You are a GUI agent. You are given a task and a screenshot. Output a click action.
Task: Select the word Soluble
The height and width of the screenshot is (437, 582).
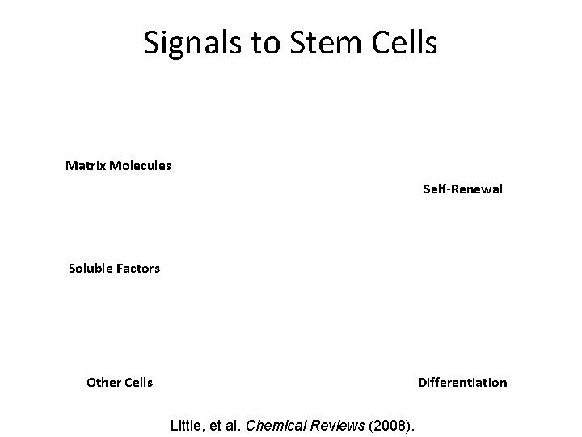coord(91,268)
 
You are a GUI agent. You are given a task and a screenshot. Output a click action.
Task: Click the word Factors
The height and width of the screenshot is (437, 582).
coord(138,268)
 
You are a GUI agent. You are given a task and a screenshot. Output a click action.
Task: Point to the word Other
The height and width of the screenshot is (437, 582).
coord(103,382)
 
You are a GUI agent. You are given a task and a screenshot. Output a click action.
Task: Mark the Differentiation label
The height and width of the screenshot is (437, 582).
coord(462,382)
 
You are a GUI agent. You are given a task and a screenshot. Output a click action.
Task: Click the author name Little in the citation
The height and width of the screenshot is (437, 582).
coord(185,423)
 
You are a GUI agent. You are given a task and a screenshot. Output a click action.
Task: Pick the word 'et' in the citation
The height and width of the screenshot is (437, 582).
coord(215,423)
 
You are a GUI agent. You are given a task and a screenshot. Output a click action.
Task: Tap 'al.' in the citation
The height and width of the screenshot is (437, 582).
coord(233,423)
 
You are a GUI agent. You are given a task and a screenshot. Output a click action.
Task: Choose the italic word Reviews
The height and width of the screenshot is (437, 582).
coord(340,423)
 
